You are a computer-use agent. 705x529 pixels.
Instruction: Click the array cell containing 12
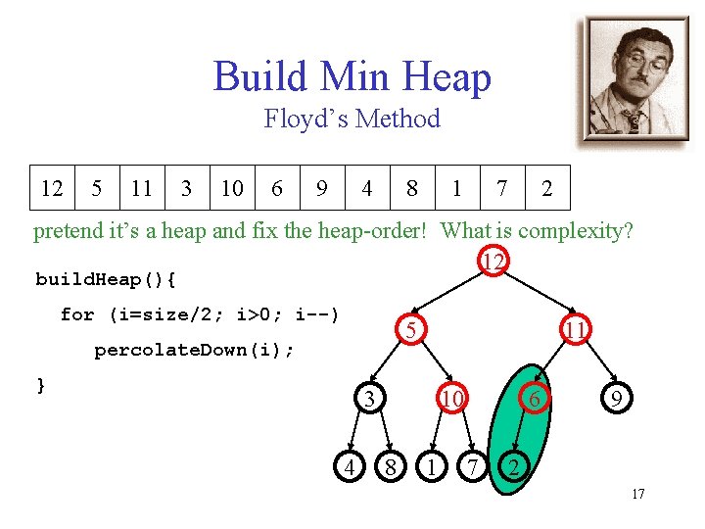(x=52, y=188)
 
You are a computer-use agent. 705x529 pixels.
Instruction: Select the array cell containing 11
(x=142, y=188)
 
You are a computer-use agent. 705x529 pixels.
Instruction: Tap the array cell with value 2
(x=547, y=188)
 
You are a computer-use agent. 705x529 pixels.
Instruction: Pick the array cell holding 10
(x=232, y=188)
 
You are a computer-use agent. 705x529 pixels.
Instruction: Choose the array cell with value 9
(x=322, y=188)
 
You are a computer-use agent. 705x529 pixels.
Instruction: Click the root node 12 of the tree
(x=493, y=262)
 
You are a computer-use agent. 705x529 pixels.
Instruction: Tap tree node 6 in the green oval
(x=535, y=399)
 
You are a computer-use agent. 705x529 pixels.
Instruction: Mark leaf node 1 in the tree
(x=428, y=467)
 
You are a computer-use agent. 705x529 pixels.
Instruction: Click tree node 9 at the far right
(x=616, y=399)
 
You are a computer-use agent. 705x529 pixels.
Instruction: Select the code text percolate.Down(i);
(x=194, y=350)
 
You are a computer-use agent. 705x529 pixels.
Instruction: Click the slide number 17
(x=637, y=494)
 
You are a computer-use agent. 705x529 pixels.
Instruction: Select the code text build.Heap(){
(x=106, y=279)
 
